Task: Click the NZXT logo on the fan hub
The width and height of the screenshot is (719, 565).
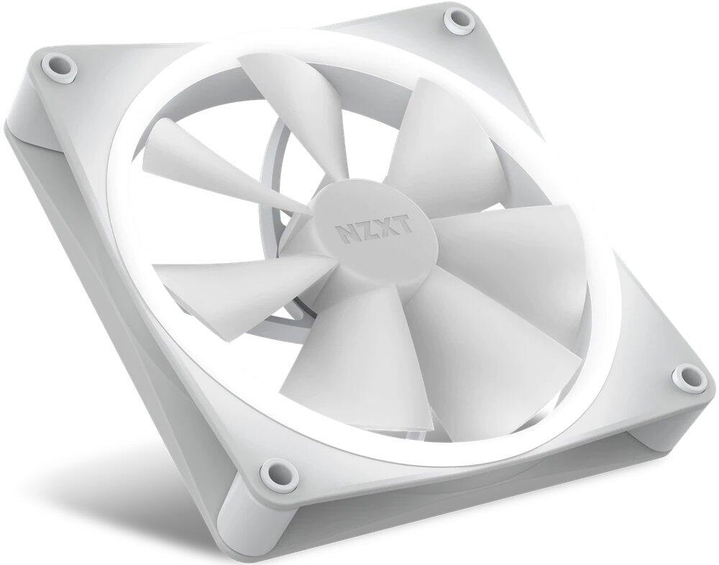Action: (x=374, y=231)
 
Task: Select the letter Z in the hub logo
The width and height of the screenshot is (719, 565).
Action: (x=366, y=231)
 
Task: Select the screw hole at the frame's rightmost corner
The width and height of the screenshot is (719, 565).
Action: (x=687, y=375)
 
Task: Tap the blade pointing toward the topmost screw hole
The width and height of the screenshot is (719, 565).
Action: (x=446, y=144)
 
